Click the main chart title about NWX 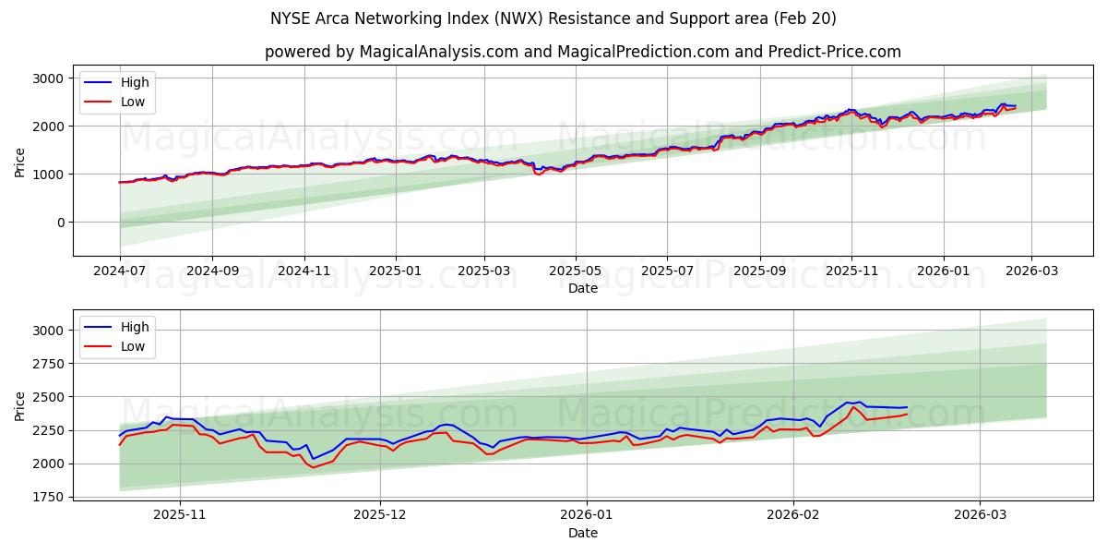coord(553,18)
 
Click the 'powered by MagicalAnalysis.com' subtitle coord(582,52)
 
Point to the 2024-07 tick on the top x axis coord(120,272)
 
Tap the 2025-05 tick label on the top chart coord(576,272)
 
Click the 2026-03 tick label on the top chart coord(1031,272)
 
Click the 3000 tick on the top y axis coord(48,78)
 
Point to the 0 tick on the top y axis coord(60,223)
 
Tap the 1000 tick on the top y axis coord(48,175)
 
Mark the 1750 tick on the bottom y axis coord(48,497)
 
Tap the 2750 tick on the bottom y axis coord(48,364)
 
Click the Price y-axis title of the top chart coord(20,162)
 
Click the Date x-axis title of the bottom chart coord(582,533)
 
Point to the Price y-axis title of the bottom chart coord(20,406)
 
